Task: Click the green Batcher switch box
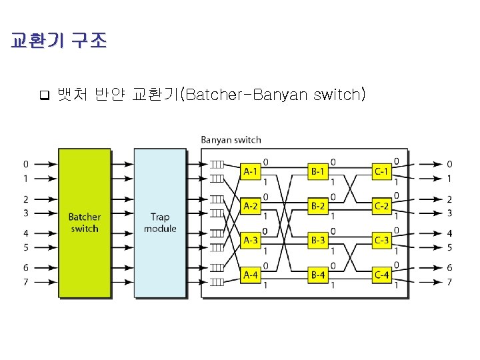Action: tap(84, 223)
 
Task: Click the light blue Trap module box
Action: tap(160, 223)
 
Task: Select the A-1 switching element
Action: tap(251, 171)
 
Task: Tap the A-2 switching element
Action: tap(251, 205)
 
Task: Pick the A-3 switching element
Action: tap(251, 240)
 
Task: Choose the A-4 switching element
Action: tap(251, 274)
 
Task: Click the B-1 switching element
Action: tap(317, 171)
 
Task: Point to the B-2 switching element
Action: tap(317, 205)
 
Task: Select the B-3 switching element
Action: tap(317, 240)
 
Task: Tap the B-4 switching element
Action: tap(317, 274)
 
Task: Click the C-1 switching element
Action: tap(381, 171)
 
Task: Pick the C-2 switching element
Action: tap(381, 205)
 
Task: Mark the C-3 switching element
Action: tap(381, 240)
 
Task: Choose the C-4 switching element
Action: tap(381, 274)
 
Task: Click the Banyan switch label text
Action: tap(231, 140)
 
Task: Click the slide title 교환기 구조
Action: tap(59, 41)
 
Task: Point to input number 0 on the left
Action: tap(25, 163)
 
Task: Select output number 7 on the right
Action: tap(449, 282)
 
